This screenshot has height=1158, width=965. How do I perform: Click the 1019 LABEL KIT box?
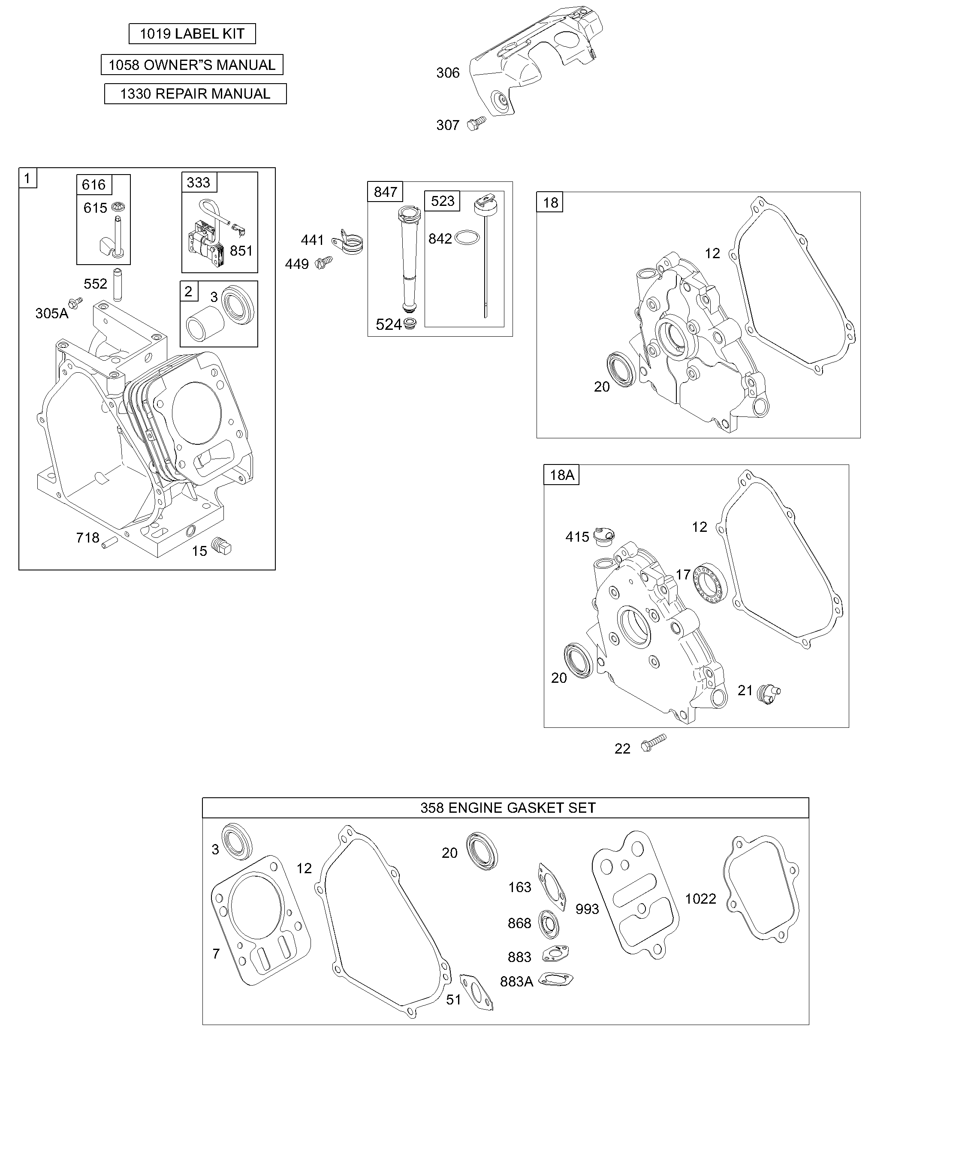(x=192, y=33)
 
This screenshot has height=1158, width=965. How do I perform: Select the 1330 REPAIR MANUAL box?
(x=195, y=94)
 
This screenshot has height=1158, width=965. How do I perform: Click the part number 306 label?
(x=447, y=73)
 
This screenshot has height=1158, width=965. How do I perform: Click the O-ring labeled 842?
(x=468, y=238)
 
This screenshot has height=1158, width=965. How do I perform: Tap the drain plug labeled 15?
(x=222, y=546)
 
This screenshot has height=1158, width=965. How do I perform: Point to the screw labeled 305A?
(x=75, y=302)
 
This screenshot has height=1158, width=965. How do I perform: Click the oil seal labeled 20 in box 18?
(x=621, y=368)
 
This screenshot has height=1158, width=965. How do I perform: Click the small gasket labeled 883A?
(x=555, y=979)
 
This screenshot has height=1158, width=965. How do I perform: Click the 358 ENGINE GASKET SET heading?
(x=508, y=808)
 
